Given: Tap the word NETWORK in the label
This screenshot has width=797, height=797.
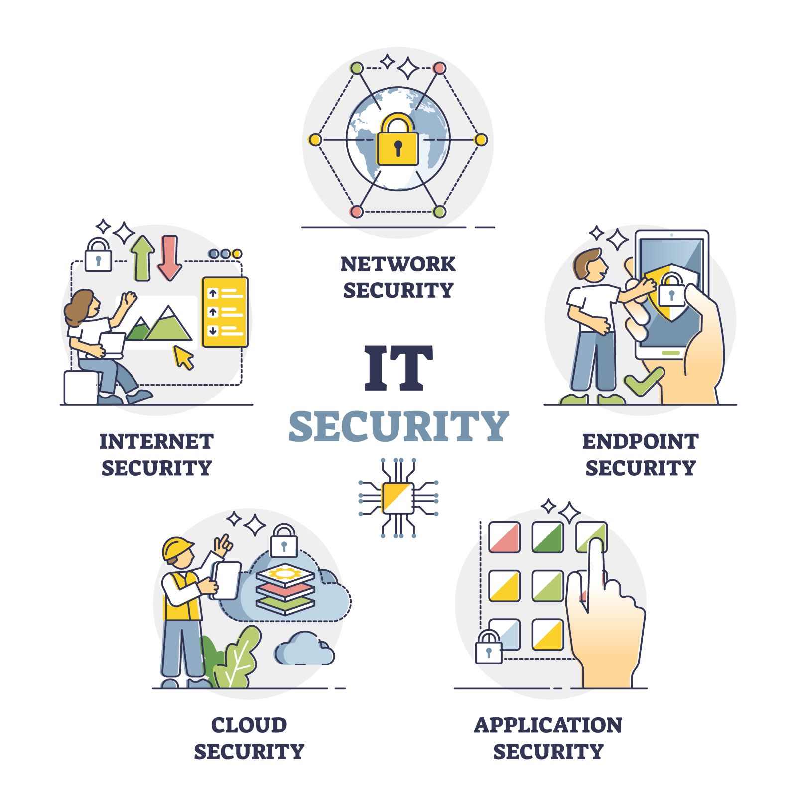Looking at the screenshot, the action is (x=398, y=264).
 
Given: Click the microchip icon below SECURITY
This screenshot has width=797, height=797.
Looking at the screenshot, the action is (x=398, y=498).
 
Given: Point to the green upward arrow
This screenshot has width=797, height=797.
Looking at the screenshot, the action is (x=142, y=258).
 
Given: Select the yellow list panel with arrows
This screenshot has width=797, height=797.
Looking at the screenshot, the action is (x=225, y=312).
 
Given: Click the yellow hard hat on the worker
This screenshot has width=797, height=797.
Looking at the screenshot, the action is (x=177, y=548).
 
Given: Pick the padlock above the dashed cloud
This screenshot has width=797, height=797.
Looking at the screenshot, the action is (x=284, y=541).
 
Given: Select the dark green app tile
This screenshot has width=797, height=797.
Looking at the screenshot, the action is (x=548, y=537).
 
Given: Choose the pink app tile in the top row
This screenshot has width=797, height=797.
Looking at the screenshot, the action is (x=504, y=537).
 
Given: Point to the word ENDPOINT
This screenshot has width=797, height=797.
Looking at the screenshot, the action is (x=641, y=442).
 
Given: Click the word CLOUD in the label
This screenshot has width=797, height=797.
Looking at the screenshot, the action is (x=249, y=725).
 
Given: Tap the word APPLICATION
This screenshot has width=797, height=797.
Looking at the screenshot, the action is (x=548, y=725).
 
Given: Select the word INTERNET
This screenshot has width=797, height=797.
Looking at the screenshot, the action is (x=156, y=442).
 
